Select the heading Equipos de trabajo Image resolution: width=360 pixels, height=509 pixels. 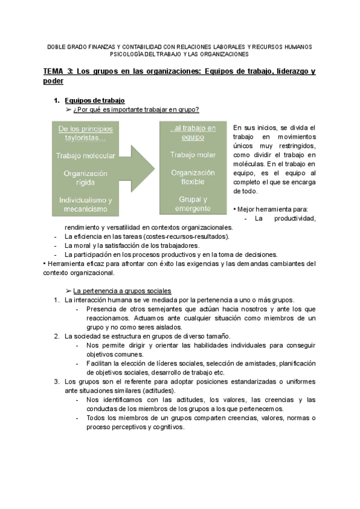click(x=94, y=101)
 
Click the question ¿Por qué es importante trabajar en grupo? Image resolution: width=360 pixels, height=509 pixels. click(x=136, y=109)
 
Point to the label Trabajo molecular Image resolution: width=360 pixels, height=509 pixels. click(x=85, y=156)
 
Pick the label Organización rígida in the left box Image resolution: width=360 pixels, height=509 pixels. click(x=85, y=178)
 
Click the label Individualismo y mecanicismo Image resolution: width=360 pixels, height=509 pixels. click(x=85, y=205)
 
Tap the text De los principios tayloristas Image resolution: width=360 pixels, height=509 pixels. click(x=85, y=133)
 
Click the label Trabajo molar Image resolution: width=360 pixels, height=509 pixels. click(x=185, y=155)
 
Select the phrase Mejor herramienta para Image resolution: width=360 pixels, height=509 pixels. click(x=271, y=209)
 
